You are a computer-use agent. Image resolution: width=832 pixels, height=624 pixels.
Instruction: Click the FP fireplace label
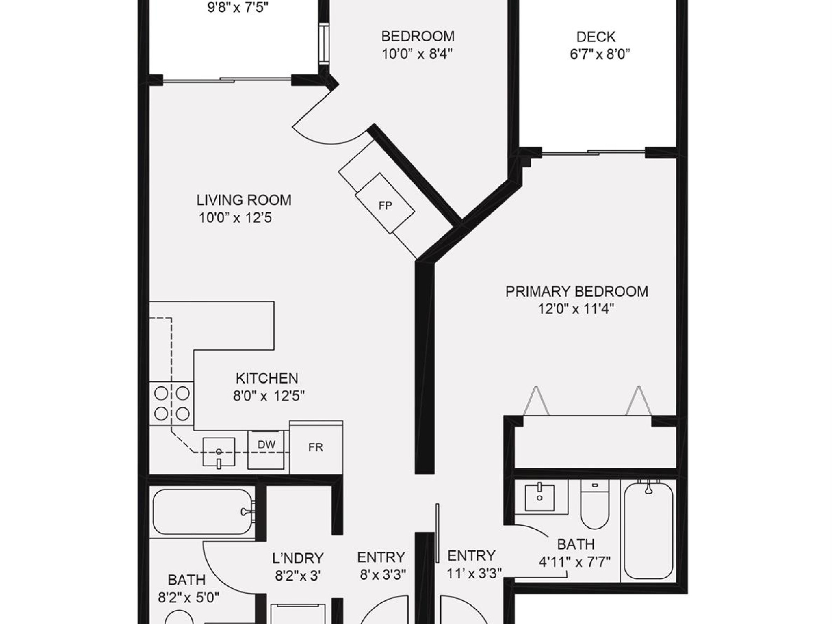[385, 206]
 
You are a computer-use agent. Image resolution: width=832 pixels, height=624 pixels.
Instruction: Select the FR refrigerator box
[316, 447]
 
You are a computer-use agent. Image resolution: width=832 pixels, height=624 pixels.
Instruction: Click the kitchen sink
[219, 451]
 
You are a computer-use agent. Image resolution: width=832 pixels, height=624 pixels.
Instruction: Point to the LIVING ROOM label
[244, 200]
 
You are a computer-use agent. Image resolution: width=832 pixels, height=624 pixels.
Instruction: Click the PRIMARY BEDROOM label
[576, 291]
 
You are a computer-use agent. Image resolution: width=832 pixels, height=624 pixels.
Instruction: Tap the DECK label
[596, 37]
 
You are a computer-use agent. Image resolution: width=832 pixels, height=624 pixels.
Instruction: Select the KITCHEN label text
[267, 378]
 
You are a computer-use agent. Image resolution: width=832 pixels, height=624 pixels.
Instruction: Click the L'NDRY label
[298, 558]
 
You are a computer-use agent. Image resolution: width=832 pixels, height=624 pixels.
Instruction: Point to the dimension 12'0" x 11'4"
[576, 309]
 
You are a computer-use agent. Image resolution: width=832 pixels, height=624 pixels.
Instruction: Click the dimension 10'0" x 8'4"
[417, 54]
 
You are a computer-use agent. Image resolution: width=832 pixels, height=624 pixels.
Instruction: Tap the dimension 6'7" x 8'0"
[600, 54]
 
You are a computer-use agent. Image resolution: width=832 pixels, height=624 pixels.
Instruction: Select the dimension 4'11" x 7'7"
[574, 562]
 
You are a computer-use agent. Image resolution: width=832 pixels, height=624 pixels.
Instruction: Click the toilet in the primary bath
[595, 506]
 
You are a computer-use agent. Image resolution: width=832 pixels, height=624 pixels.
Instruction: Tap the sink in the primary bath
[539, 498]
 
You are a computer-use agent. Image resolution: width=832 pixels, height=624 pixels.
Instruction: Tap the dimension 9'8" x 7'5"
[238, 8]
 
